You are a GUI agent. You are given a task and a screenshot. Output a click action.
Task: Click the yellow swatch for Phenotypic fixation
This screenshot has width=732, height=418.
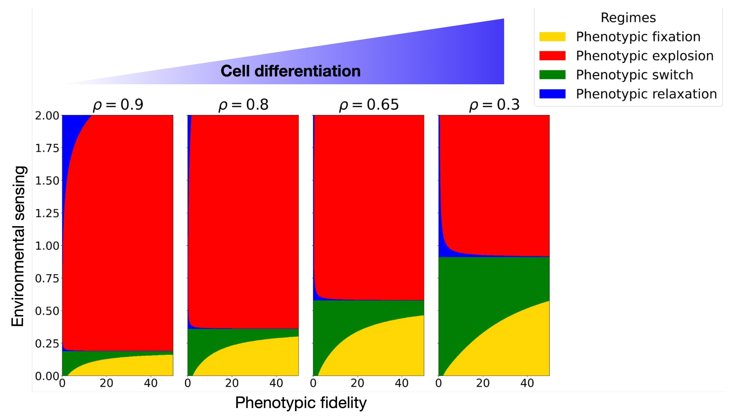552,37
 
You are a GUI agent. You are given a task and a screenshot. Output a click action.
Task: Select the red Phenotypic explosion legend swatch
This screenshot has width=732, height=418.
552,56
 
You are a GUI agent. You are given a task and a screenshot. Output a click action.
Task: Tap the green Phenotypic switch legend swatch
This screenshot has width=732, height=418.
552,75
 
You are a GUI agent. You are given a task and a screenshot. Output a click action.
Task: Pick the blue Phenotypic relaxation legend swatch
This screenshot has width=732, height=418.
552,94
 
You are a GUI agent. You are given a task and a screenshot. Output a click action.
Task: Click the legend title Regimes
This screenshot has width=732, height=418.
628,18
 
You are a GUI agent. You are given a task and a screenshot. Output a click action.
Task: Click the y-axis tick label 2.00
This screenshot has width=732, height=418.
47,116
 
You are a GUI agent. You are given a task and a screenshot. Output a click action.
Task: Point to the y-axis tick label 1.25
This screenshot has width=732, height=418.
47,213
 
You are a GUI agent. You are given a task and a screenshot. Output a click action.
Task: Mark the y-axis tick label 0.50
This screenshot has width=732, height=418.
47,311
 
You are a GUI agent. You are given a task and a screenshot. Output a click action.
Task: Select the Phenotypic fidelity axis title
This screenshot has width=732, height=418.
300,403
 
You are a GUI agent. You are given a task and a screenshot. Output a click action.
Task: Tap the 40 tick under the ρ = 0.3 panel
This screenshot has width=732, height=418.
527,383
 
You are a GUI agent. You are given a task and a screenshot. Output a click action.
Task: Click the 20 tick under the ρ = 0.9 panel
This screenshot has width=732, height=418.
106,383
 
